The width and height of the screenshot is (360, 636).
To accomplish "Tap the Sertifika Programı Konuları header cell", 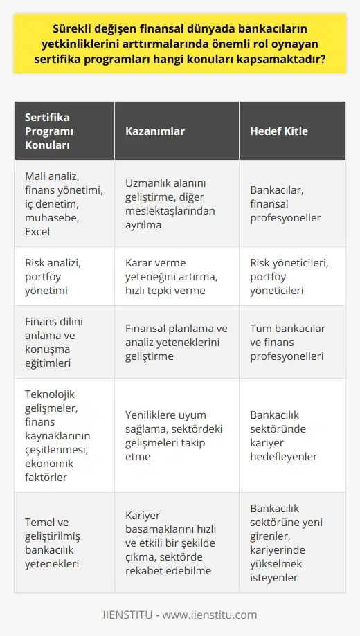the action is tap(51, 130).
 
